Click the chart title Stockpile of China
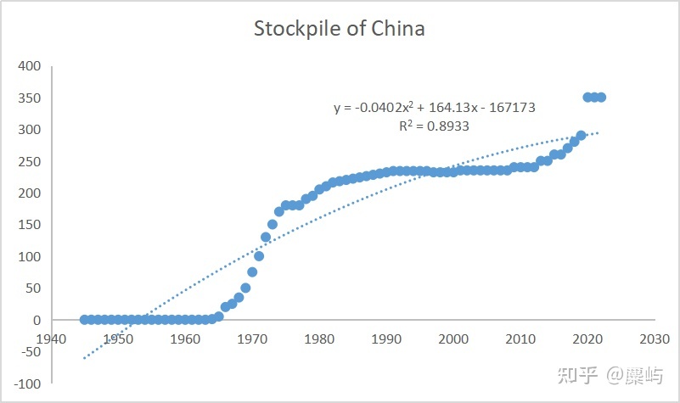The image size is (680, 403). click(340, 28)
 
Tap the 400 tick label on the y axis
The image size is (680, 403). click(31, 66)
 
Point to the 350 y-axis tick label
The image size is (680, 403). click(31, 98)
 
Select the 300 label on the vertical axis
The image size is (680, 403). click(31, 130)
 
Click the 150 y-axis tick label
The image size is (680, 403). click(31, 225)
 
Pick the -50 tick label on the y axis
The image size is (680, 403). click(29, 352)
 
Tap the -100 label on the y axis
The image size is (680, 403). click(26, 383)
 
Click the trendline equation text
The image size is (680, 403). click(434, 108)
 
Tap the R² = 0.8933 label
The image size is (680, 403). click(434, 126)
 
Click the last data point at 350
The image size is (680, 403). click(601, 98)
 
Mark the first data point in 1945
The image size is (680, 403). click(85, 320)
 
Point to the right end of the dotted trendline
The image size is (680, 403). click(599, 132)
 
